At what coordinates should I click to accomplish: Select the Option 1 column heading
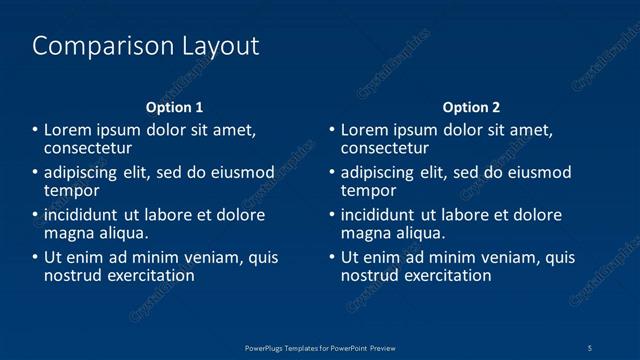tap(175, 107)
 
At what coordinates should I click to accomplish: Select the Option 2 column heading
tap(471, 107)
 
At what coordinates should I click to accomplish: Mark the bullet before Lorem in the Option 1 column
tap(35, 130)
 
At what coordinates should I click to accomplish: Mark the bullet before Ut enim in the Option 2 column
tap(332, 258)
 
